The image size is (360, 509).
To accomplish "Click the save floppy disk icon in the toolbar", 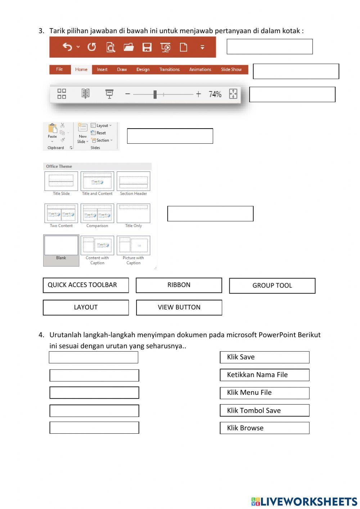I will (x=147, y=47).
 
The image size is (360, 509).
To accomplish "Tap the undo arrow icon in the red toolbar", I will (x=67, y=47).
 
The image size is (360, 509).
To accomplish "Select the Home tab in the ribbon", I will (x=81, y=70).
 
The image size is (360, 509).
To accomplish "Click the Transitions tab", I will (x=169, y=70).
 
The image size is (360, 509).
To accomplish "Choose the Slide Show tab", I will (x=231, y=70).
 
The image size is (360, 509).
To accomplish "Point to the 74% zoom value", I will (x=215, y=94).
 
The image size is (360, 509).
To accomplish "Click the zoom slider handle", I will (x=155, y=94).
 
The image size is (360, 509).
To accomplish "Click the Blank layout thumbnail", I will (x=61, y=246).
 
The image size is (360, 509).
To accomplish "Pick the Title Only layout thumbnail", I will (x=133, y=213).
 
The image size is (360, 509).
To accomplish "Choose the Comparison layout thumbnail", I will (x=97, y=213).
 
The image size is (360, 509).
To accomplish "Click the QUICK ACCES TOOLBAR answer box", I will (x=86, y=285).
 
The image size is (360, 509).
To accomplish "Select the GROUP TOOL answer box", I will (x=272, y=286).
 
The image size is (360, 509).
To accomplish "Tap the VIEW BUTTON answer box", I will (x=179, y=307).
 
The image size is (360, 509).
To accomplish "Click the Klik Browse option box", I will (x=265, y=428).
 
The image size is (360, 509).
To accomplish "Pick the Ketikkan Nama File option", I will (x=265, y=375).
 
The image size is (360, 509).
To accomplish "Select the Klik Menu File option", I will (x=265, y=393).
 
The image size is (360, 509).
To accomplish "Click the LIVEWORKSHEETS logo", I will (x=304, y=501).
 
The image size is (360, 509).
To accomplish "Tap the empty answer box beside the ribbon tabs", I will (x=296, y=71).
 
